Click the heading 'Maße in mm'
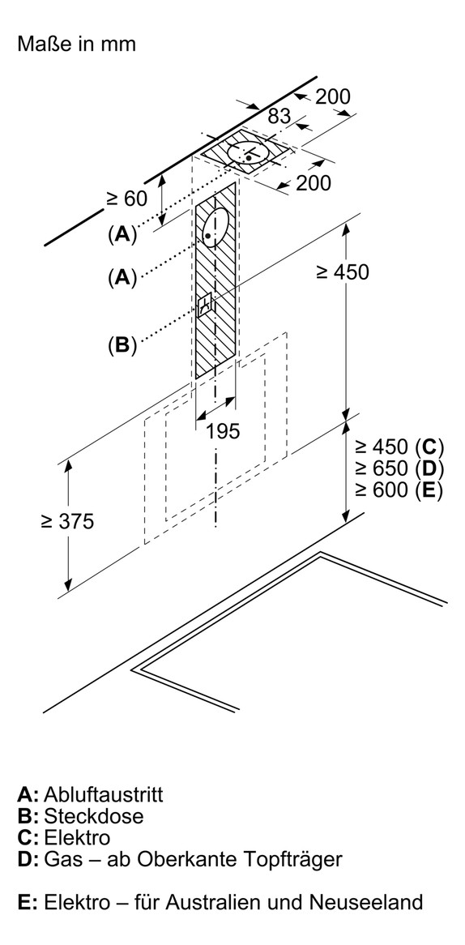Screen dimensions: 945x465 (x=76, y=44)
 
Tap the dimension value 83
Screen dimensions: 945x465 (x=279, y=117)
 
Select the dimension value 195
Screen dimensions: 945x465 (x=223, y=431)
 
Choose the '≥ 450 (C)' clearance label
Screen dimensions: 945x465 (x=399, y=447)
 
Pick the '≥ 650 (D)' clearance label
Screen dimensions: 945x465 (x=399, y=468)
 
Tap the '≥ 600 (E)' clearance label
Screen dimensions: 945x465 (x=399, y=490)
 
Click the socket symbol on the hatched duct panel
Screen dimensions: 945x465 (x=206, y=304)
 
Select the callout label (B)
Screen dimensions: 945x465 (x=122, y=345)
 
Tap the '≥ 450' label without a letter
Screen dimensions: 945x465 (x=341, y=272)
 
